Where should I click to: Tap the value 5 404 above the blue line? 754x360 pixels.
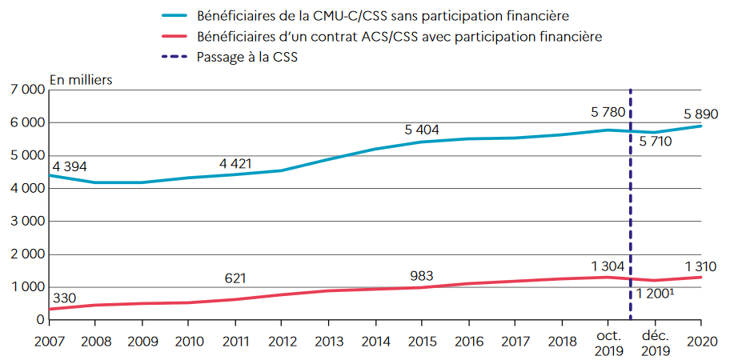click(x=422, y=130)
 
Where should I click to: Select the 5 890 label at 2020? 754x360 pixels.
click(x=701, y=114)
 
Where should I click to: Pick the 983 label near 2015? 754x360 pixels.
click(x=423, y=277)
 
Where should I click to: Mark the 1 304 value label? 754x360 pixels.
click(x=608, y=266)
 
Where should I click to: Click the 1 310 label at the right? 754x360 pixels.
click(x=700, y=266)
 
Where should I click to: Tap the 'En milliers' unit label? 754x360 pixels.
click(x=81, y=79)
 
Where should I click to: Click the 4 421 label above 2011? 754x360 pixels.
click(x=235, y=164)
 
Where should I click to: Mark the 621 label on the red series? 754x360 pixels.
click(x=235, y=278)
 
